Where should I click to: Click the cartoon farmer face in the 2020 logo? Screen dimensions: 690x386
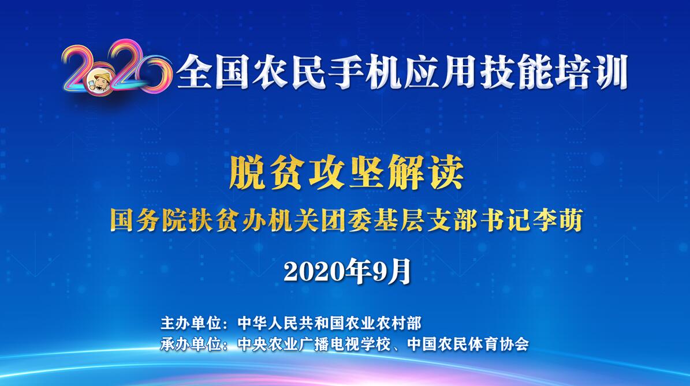102,82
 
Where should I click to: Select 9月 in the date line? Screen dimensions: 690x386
391,271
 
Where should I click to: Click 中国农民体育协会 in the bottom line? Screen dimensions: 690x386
468,343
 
